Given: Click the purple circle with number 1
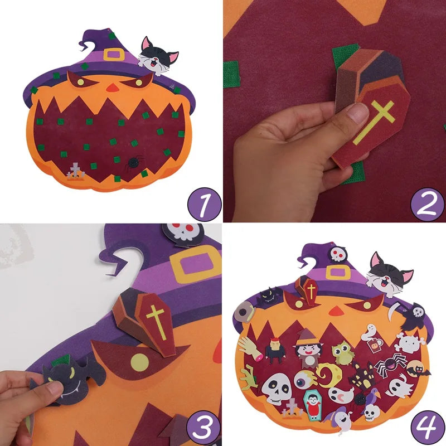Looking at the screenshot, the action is click(205, 205).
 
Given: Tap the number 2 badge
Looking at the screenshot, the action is click(428, 205).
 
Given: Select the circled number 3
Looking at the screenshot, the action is click(203, 428).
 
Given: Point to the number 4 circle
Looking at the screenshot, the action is click(428, 428).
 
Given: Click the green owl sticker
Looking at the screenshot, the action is click(343, 353).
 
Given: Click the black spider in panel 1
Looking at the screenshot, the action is click(133, 163).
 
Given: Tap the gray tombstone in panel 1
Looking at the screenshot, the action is click(75, 171).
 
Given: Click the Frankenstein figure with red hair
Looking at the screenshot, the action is click(275, 350).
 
